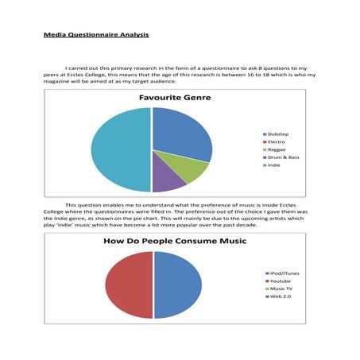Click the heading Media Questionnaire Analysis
click(x=95, y=36)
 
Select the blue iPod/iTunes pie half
click(x=178, y=285)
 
